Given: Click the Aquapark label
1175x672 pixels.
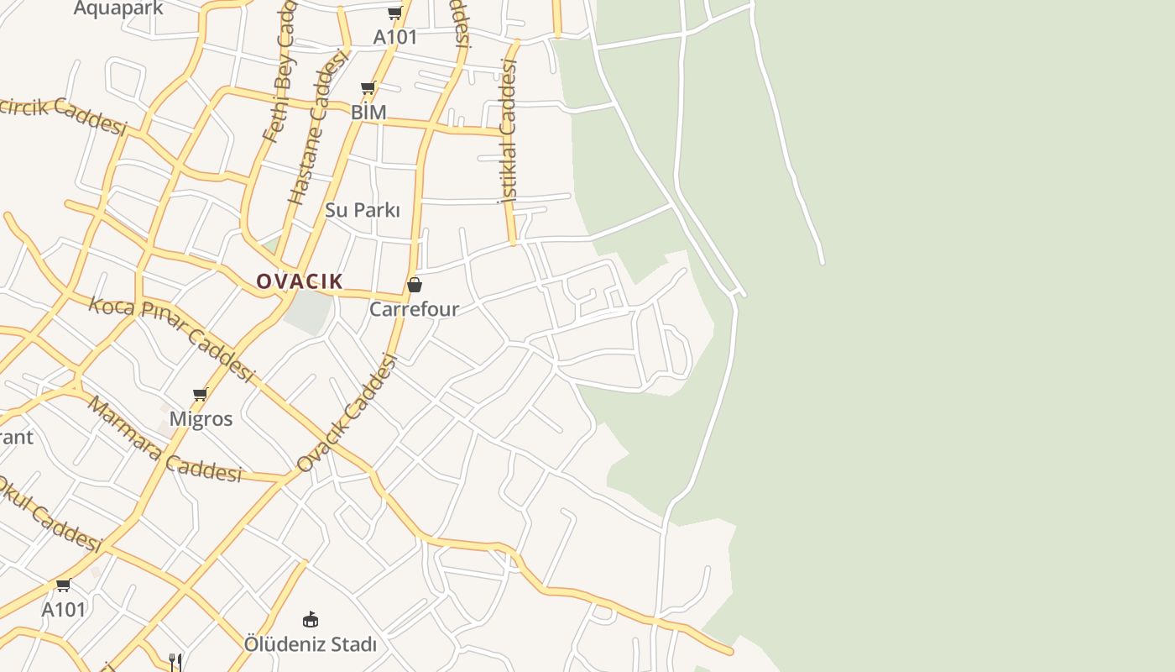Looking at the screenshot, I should [x=118, y=8].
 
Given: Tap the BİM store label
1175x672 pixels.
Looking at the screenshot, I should [x=368, y=112].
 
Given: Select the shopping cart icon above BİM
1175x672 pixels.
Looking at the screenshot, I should [x=368, y=88].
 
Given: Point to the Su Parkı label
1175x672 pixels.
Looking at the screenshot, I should [x=363, y=210].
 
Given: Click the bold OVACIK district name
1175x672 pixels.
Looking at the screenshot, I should [x=300, y=281].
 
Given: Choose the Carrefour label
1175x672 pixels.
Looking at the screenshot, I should [x=415, y=309].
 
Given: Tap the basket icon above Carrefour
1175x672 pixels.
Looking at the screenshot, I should [x=414, y=285].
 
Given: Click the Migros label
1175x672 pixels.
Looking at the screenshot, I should [x=201, y=418].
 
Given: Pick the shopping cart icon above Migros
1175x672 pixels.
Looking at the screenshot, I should [x=200, y=394].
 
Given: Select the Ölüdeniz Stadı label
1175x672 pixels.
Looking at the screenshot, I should [x=311, y=644].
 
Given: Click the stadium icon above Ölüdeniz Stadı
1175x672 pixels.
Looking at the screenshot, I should [x=311, y=620].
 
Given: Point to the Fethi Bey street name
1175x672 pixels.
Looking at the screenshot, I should [x=280, y=76].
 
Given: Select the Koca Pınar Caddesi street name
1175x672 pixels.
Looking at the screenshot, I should [x=171, y=339].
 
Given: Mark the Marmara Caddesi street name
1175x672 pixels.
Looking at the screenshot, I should [x=164, y=441].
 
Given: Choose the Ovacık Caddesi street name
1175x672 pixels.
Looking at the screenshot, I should [x=347, y=412].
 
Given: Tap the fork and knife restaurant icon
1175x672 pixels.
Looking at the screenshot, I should [x=175, y=662].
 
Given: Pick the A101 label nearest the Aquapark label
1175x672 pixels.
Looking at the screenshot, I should [x=395, y=37].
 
